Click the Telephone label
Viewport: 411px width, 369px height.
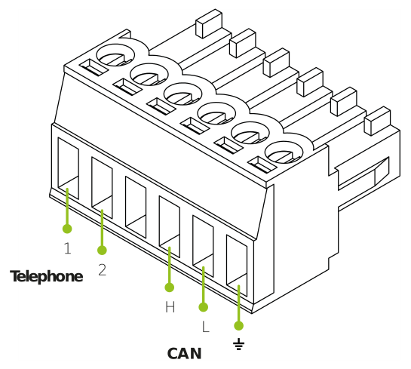click(47, 276)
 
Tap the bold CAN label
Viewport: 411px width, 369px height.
click(185, 353)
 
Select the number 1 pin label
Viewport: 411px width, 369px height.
click(68, 248)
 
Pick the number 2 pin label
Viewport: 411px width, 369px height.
click(103, 269)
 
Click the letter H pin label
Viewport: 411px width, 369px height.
click(170, 306)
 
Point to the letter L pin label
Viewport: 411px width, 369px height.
click(206, 327)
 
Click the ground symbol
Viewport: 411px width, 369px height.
click(238, 344)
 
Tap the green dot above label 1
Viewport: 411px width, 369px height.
click(67, 229)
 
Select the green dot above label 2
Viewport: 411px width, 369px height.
click(102, 251)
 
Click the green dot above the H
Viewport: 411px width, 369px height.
click(170, 288)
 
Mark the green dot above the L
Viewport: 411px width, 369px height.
click(204, 307)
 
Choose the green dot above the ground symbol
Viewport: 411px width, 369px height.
click(238, 326)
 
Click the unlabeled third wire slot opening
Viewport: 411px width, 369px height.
click(136, 208)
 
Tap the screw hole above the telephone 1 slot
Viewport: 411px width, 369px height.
click(115, 55)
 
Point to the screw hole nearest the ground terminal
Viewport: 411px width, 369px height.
click(284, 152)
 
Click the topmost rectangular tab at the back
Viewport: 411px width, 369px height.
click(209, 23)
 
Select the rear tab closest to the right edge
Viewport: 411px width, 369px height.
click(378, 121)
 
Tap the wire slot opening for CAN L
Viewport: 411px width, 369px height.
click(203, 246)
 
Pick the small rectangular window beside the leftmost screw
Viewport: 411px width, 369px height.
click(94, 67)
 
